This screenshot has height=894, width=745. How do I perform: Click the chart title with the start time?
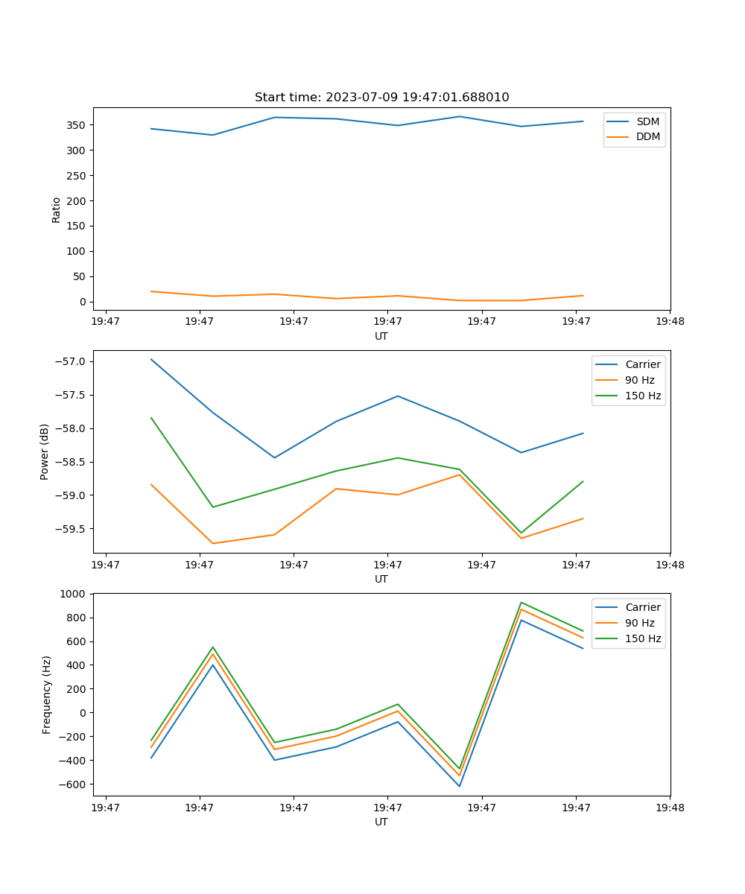[381, 98]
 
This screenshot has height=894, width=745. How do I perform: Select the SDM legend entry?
[647, 121]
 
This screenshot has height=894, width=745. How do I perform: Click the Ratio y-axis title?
[57, 209]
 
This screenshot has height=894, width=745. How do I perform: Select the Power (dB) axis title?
[45, 451]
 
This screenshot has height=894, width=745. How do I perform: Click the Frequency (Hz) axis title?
[46, 694]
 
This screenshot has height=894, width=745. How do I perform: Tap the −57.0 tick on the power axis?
[72, 362]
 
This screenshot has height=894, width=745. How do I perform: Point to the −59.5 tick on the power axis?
[72, 529]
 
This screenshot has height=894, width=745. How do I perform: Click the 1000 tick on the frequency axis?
[74, 594]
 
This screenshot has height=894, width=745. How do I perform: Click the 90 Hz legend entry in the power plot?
[639, 380]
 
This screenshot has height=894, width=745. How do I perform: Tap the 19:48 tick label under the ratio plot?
[670, 321]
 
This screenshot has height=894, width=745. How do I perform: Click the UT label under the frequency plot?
[381, 822]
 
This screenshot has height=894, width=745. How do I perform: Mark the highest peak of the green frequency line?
[521, 602]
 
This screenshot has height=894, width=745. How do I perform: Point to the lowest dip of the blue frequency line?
[459, 786]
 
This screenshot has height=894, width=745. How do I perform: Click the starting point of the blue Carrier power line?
[151, 359]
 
